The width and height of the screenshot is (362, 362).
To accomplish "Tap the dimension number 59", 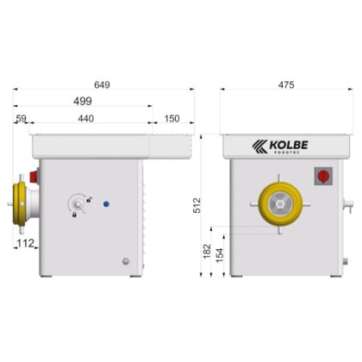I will click(22, 118).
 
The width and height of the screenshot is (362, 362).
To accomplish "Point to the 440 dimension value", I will click(86, 118).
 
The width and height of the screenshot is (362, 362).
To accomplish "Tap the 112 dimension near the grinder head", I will click(25, 244).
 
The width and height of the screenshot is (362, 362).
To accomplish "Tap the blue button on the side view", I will click(106, 204).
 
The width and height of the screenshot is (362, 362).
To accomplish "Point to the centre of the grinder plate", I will click(278, 204).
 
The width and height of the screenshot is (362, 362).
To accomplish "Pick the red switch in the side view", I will click(35, 176).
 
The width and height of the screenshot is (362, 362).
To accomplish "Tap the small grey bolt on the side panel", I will click(126, 261).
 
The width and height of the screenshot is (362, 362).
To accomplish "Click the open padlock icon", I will click(88, 198).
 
